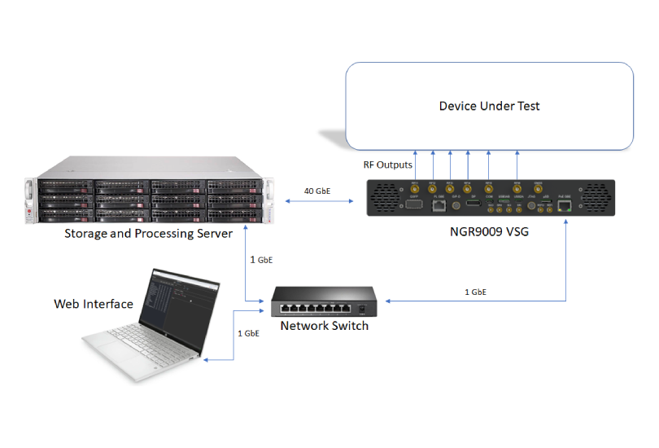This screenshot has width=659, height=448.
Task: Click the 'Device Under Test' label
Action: point(489,106)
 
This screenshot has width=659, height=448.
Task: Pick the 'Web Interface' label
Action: point(94,304)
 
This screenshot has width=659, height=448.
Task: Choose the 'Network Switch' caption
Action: point(325,326)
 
